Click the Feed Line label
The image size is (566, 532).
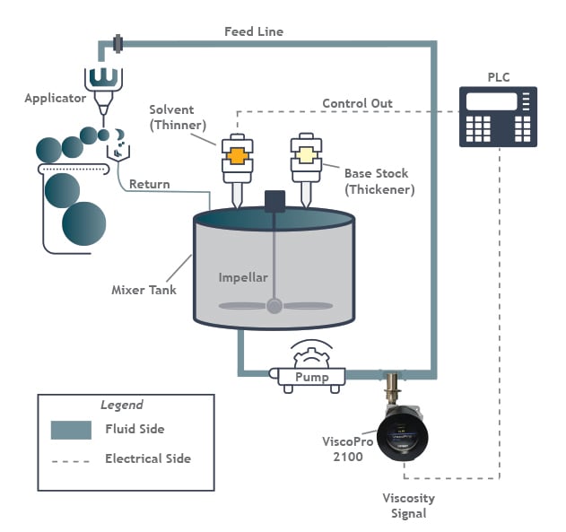click(x=253, y=31)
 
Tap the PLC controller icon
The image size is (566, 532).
click(x=497, y=117)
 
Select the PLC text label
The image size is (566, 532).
click(x=498, y=76)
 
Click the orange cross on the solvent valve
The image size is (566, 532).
click(x=237, y=154)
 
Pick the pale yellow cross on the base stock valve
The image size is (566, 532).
click(x=304, y=154)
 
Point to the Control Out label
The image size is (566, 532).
click(x=357, y=103)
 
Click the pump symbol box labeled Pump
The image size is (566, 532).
click(x=311, y=377)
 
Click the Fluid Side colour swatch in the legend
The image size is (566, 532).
click(x=71, y=430)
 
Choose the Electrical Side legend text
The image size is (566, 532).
click(x=147, y=458)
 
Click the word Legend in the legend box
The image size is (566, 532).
click(x=121, y=405)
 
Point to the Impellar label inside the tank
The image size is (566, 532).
click(x=243, y=277)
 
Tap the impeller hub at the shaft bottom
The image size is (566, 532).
click(x=274, y=306)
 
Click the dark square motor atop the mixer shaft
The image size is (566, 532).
click(x=274, y=201)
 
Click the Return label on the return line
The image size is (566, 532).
click(x=149, y=185)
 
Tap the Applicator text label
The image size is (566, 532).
click(x=54, y=98)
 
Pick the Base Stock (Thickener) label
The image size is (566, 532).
click(x=376, y=180)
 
